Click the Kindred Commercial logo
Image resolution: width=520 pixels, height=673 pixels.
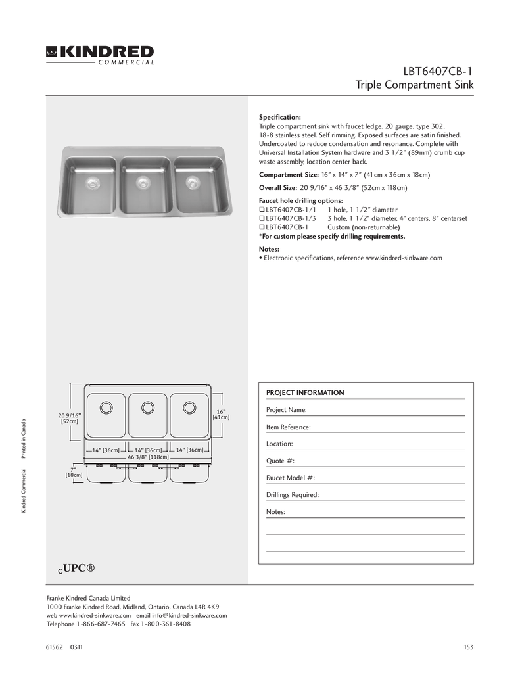tap(100, 55)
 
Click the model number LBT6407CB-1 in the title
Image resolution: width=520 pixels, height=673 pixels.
tap(439, 71)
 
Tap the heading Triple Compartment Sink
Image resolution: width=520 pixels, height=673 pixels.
tap(414, 85)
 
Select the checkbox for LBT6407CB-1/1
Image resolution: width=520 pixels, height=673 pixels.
tap(262, 210)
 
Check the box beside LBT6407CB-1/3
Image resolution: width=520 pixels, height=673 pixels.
tap(262, 218)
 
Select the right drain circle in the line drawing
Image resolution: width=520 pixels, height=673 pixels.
tap(189, 407)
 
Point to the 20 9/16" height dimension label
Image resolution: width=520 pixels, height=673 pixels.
tap(69, 418)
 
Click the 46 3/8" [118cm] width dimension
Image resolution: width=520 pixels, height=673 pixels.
tap(148, 457)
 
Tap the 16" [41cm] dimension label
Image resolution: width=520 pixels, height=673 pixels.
tap(221, 414)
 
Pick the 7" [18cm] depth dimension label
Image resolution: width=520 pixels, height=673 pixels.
tap(74, 472)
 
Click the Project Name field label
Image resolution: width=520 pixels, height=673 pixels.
tap(286, 410)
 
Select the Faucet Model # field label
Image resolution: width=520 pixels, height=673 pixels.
tap(291, 478)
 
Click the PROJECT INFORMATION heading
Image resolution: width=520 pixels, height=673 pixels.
tap(305, 393)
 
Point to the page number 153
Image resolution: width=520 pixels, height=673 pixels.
tap(468, 647)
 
